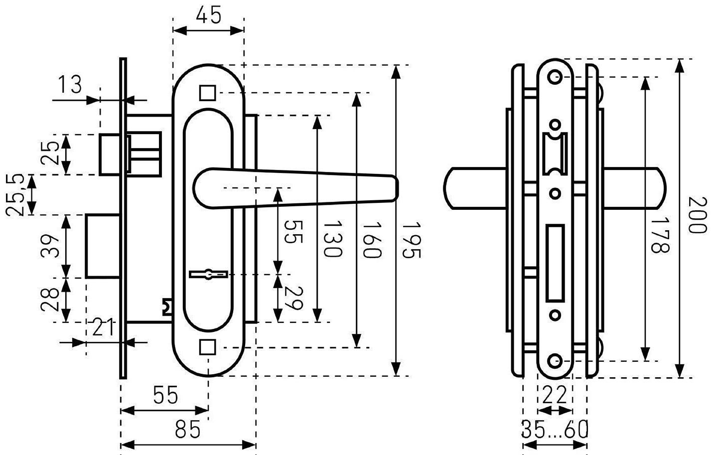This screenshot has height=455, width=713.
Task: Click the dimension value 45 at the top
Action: point(208,15)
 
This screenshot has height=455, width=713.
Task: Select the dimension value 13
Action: point(70,85)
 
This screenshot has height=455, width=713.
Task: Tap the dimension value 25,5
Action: point(15,195)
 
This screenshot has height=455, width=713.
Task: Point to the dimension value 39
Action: point(50,246)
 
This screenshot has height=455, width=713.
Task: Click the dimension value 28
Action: point(50,300)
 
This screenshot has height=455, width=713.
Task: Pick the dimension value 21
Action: point(103,327)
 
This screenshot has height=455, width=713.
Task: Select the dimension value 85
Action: point(188,430)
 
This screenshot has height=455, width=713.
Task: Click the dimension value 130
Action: point(333,239)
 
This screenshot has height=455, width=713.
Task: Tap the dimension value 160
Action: point(372,240)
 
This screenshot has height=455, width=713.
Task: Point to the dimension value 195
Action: point(412,240)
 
